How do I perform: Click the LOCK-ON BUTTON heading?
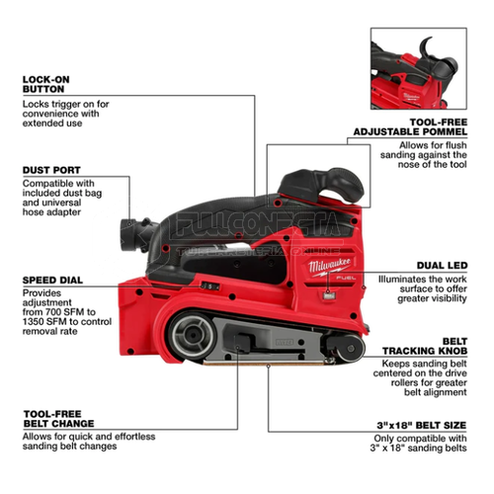[46, 84]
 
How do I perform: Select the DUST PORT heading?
[51, 170]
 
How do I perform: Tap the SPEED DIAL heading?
[52, 281]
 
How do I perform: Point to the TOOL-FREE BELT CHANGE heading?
[58, 419]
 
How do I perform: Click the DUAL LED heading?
[442, 266]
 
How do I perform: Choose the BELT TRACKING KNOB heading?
[425, 346]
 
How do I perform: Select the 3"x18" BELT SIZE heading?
[422, 425]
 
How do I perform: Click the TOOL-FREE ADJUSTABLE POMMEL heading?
[410, 127]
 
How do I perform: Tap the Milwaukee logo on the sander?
[329, 266]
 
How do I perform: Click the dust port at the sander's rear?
[129, 234]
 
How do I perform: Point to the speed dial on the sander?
[210, 287]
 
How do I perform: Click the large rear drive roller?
[193, 335]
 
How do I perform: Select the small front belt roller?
[350, 349]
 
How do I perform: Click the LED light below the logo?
[329, 295]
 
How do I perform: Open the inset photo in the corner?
[419, 68]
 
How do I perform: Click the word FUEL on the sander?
[346, 278]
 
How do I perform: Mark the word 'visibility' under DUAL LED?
[449, 298]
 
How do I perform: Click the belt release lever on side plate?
[243, 343]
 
